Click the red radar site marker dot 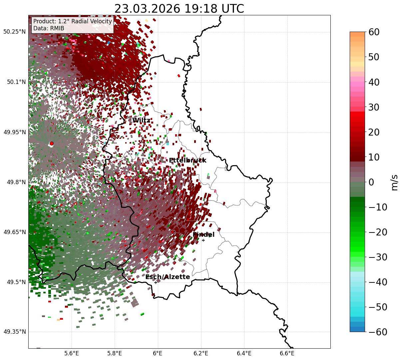coord(51,143)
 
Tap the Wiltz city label coord(141,120)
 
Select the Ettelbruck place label coord(188,160)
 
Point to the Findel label coord(203,234)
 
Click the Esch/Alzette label coord(168,277)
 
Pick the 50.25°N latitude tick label coord(14,32)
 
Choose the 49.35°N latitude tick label coord(14,332)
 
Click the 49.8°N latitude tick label coord(16,182)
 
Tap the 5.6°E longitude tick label coord(72,353)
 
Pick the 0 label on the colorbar coord(371,182)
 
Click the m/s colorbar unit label coord(394,182)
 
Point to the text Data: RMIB coord(49,28)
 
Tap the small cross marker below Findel coord(203,240)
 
